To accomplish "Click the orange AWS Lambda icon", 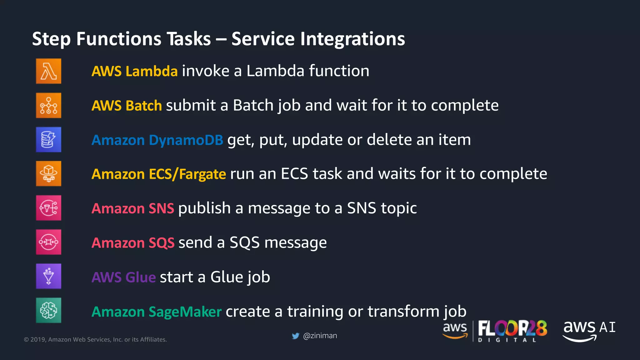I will (48, 71).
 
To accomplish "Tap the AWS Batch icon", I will (48, 105).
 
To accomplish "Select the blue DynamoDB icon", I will (48, 139).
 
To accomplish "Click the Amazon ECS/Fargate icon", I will (48, 173).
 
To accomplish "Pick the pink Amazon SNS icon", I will (48, 208).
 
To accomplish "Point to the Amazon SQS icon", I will (48, 242).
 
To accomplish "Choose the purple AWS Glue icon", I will (48, 276).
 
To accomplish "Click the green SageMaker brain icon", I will (48, 310).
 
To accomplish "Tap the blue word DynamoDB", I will (186, 140).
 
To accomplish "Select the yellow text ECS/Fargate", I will (187, 174).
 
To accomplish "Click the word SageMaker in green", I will (185, 312).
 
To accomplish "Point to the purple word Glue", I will (140, 277).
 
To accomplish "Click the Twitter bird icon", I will (295, 336).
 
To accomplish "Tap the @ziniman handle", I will (320, 336).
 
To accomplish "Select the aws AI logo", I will (589, 330).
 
